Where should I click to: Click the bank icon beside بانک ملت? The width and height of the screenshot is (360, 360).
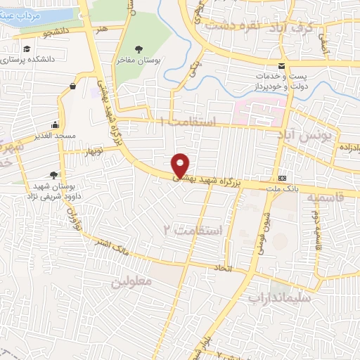282,178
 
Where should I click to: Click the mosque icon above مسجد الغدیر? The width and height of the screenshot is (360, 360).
55,122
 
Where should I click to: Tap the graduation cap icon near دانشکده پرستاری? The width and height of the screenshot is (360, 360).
27,49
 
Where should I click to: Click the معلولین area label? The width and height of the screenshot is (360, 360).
131,281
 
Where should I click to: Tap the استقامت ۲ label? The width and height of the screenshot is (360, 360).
193,231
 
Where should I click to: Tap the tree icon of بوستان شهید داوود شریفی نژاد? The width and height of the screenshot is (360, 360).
54,175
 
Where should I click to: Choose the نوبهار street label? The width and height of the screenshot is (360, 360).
96,151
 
